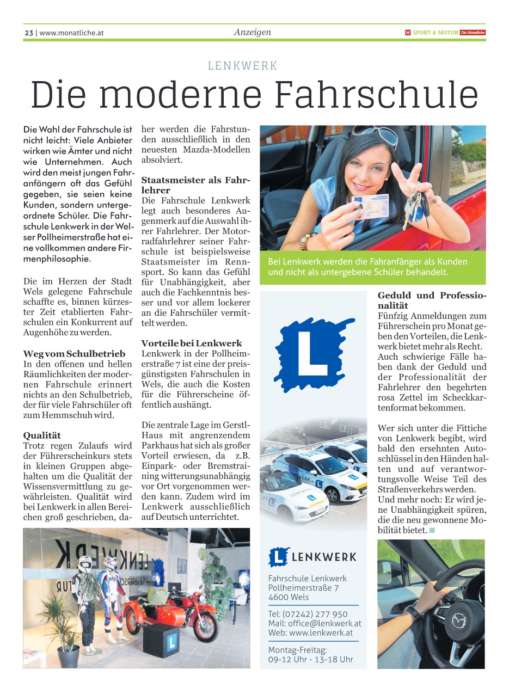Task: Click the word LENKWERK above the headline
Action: [x=243, y=66]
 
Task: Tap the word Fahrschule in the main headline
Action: [x=377, y=94]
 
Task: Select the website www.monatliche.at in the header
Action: [x=71, y=33]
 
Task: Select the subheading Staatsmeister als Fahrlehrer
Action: [x=195, y=185]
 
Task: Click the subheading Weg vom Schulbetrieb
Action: [x=74, y=354]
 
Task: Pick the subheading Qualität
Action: [x=42, y=435]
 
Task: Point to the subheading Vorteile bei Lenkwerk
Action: [x=192, y=343]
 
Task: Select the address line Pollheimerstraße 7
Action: [x=303, y=588]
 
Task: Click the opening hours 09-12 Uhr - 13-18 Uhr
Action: [x=310, y=659]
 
